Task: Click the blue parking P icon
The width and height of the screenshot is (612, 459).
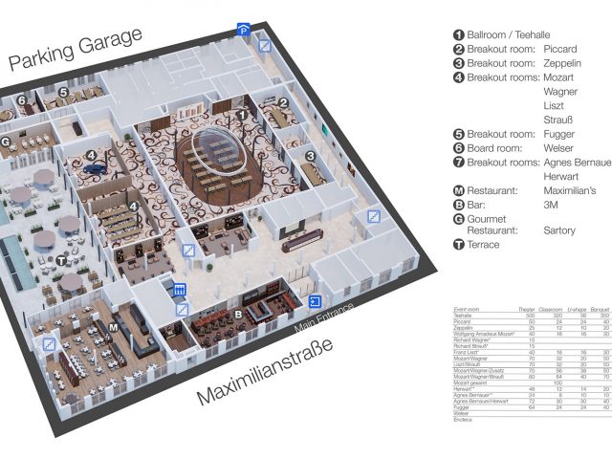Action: (x=245, y=31)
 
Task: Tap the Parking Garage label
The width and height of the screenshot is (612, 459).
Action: (x=76, y=49)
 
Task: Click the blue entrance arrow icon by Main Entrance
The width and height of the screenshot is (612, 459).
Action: (x=315, y=302)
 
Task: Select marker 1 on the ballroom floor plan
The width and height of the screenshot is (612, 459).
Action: (x=242, y=114)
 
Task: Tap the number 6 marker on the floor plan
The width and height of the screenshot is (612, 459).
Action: (x=20, y=99)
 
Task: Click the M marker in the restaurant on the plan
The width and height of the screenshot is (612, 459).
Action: (x=113, y=328)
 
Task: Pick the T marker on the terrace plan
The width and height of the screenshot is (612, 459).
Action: (x=61, y=260)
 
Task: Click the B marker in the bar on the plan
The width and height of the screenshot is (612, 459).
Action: (x=239, y=313)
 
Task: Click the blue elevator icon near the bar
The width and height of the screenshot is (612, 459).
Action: (x=177, y=290)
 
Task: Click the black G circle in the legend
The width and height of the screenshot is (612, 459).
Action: (x=459, y=219)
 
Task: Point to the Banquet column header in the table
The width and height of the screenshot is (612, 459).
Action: (x=601, y=311)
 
